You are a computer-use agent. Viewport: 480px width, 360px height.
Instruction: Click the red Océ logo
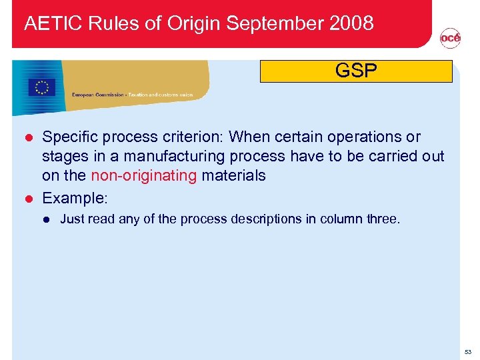click(x=450, y=39)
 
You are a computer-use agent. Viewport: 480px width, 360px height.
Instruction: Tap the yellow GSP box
click(x=356, y=71)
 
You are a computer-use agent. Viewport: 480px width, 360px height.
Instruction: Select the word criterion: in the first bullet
click(x=194, y=137)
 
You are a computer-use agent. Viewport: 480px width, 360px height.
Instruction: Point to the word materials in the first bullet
click(x=233, y=175)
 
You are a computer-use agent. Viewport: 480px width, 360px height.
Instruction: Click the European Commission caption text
click(x=132, y=95)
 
